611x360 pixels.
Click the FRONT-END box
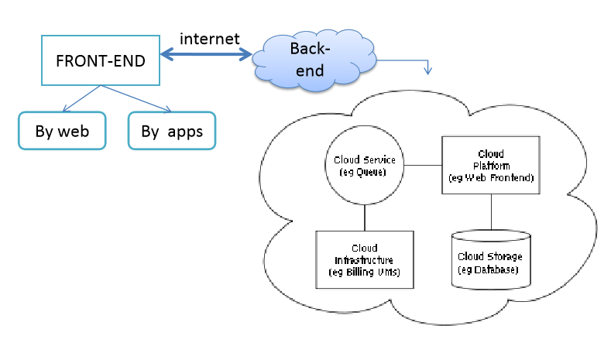click(101, 60)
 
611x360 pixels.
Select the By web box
click(62, 131)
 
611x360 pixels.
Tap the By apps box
click(172, 131)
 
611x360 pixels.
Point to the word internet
click(209, 39)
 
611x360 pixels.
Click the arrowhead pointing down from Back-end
click(427, 70)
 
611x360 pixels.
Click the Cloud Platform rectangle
click(490, 165)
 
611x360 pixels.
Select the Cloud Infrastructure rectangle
click(364, 259)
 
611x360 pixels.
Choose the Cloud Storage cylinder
click(490, 260)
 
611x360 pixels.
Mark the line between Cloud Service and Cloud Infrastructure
click(364, 218)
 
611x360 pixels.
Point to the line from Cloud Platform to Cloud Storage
click(490, 211)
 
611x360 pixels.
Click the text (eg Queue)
click(364, 170)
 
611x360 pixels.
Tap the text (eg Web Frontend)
click(491, 177)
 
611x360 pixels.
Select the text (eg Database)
click(490, 268)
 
